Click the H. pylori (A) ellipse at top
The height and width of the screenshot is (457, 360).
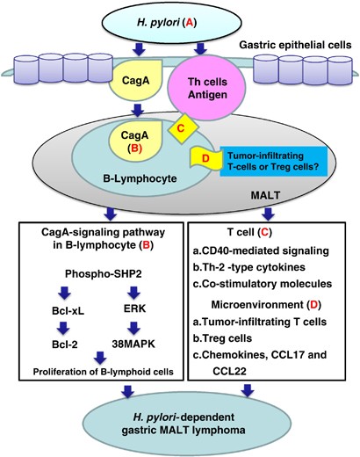(x=171, y=23)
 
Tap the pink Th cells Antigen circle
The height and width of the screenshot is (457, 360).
(x=206, y=88)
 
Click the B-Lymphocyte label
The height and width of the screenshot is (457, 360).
(x=140, y=178)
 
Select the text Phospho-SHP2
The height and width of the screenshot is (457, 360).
(x=104, y=273)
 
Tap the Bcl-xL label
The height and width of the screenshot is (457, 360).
(x=68, y=311)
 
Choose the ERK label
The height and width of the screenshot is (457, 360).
(x=134, y=308)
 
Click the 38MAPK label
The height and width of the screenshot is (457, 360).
(x=133, y=344)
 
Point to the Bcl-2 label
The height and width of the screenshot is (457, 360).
(x=65, y=345)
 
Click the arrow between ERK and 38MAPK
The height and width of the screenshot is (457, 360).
(x=133, y=328)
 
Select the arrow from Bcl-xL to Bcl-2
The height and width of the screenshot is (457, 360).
(x=64, y=328)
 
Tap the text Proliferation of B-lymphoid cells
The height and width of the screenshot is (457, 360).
(x=103, y=372)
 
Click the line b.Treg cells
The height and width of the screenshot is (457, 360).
(x=222, y=338)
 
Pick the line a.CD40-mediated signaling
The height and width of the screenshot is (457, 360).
(x=261, y=250)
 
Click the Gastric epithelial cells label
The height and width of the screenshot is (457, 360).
(x=296, y=45)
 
